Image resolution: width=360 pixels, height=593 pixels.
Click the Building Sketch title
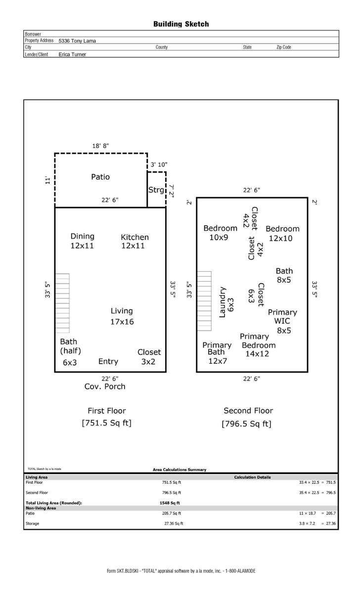pos(181,24)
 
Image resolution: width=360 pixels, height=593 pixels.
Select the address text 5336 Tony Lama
pos(77,41)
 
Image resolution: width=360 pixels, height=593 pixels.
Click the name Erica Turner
pos(72,54)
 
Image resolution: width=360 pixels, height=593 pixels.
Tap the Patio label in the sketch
pos(100,177)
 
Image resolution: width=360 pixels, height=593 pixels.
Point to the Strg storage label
pos(156,190)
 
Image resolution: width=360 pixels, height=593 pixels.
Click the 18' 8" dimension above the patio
pos(101,146)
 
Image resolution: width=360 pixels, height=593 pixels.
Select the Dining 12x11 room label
pos(83,241)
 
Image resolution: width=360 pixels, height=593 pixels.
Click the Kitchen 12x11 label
pos(135,242)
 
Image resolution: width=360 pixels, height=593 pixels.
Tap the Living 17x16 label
pos(122,316)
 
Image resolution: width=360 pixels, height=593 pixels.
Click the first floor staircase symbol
pos(62,303)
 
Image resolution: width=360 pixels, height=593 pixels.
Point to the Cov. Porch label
pos(105,386)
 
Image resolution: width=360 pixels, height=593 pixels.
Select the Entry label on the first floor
pos(108,362)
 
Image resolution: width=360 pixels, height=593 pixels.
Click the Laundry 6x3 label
pos(226,302)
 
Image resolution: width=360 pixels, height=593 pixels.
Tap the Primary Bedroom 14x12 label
pos(258,345)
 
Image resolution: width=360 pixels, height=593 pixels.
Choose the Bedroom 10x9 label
pos(220,233)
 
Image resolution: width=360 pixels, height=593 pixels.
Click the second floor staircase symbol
pos(205,301)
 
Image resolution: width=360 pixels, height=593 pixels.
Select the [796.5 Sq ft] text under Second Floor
pos(247,424)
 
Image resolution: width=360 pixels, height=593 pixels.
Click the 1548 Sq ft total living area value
pos(170,503)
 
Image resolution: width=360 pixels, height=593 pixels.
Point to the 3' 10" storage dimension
pos(159,165)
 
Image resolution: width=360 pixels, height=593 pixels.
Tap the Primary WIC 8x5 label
pos(282,321)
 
